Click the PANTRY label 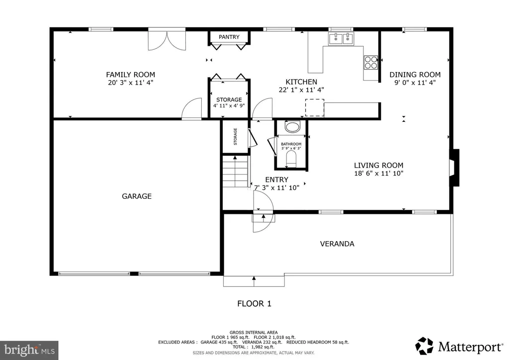coord(229,37)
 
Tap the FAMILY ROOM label coord(131,75)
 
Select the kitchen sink coord(341,39)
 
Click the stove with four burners coord(371,63)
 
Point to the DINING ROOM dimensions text coord(415,83)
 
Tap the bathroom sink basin coord(292,127)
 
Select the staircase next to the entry coord(236,171)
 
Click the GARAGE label coord(137,196)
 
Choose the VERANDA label coord(337,244)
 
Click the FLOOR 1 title coord(254,303)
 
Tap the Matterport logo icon coord(424,346)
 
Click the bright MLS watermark coord(29,351)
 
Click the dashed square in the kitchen coord(315,107)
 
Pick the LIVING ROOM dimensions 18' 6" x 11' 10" coord(378,174)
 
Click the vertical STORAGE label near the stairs coord(235,136)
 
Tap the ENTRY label coord(276,180)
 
